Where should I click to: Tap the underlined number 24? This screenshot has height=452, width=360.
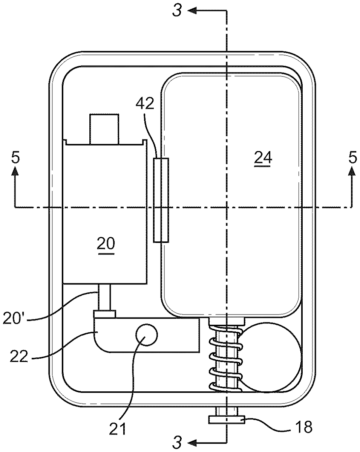point(263,159)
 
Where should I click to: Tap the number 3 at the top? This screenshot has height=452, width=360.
point(177,11)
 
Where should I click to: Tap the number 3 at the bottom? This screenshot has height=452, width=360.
point(177,441)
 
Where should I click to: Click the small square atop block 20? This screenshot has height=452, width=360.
point(104,128)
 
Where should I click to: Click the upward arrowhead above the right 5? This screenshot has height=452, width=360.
point(352,172)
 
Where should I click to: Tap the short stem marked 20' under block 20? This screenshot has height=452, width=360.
point(105,297)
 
